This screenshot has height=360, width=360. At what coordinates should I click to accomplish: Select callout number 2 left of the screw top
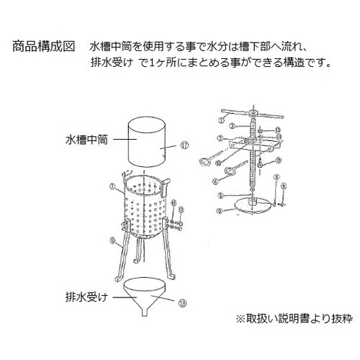(x=233, y=125)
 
